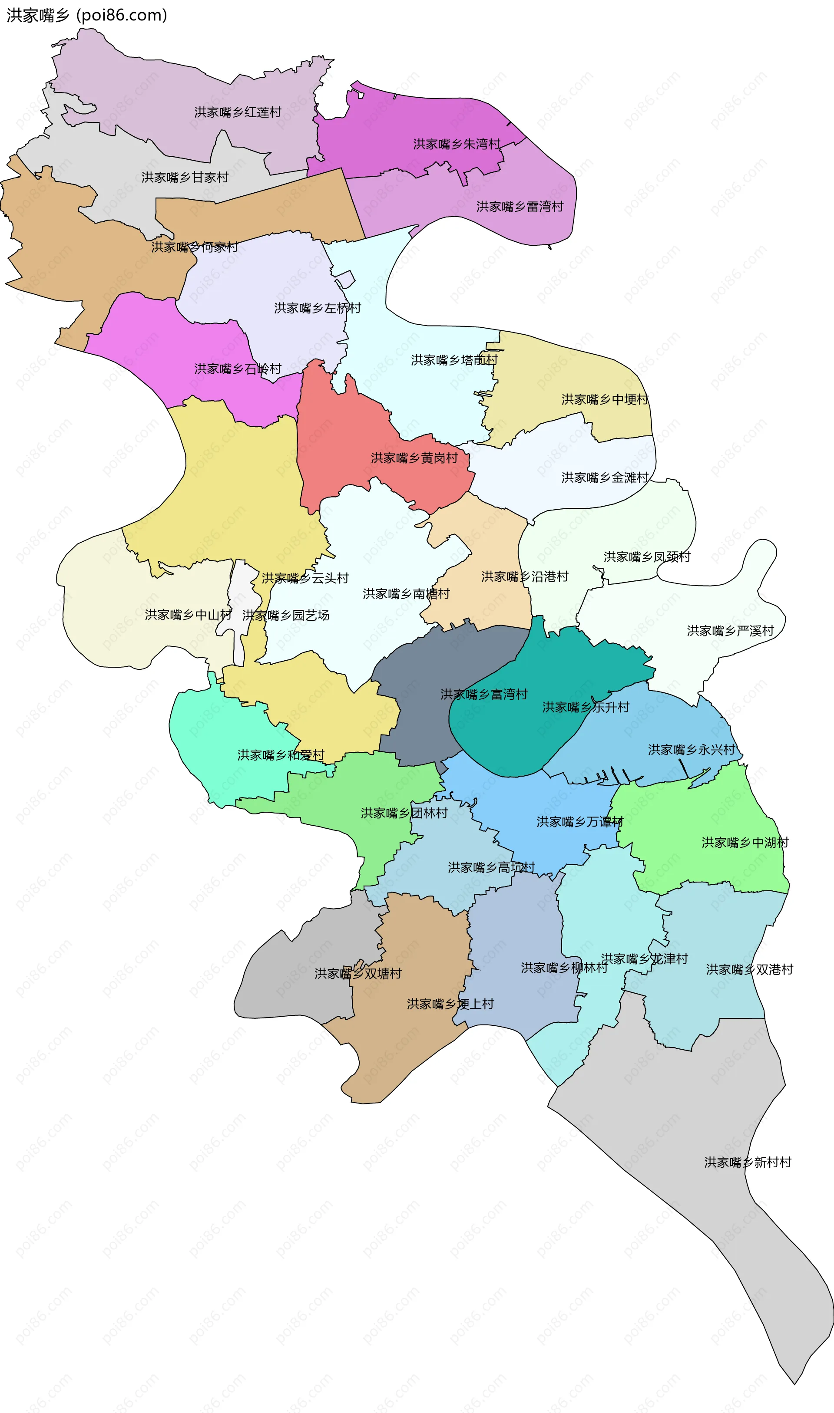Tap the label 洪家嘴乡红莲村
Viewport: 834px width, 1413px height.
[x=238, y=112]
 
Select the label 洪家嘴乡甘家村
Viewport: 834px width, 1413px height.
[x=185, y=178]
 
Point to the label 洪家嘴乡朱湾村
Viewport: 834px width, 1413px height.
[x=457, y=144]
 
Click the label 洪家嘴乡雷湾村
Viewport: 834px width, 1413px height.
[x=520, y=207]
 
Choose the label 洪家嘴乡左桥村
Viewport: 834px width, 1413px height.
[x=318, y=308]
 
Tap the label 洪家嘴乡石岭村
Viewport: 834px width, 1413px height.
[x=238, y=369]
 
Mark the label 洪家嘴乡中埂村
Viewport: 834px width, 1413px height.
[x=605, y=399]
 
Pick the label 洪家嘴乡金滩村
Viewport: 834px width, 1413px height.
[x=605, y=478]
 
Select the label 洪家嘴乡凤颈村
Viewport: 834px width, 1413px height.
[x=647, y=557]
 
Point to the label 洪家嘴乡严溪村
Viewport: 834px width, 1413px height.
[x=730, y=631]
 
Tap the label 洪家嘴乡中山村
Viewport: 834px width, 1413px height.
[x=188, y=615]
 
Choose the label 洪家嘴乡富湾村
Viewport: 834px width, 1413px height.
[x=484, y=694]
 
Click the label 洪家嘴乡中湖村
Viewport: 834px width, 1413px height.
[x=745, y=843]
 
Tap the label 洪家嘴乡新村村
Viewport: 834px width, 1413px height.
[x=748, y=1162]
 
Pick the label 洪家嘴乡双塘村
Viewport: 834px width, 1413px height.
[x=358, y=973]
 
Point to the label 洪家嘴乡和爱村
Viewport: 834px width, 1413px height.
[x=281, y=755]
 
